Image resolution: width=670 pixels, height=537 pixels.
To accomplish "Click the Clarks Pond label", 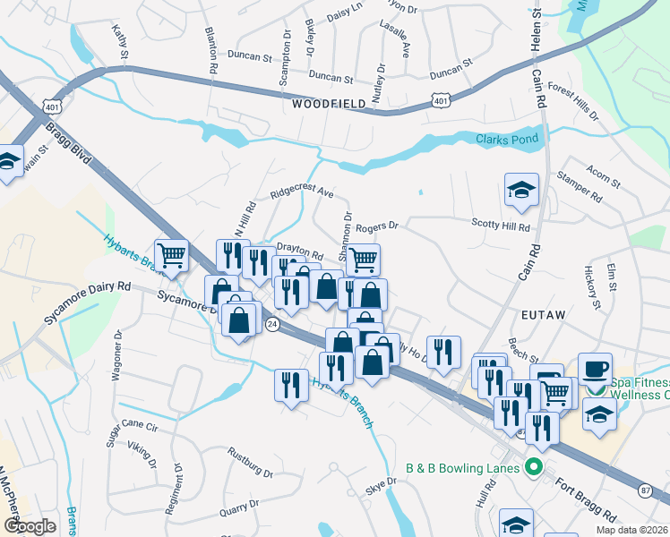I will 507,140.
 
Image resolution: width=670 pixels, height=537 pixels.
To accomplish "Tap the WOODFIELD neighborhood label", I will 329,104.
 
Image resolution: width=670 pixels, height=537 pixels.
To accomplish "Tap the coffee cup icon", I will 596,369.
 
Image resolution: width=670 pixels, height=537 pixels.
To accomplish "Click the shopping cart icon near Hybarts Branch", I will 171,254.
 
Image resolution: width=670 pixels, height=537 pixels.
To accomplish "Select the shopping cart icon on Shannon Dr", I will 363,260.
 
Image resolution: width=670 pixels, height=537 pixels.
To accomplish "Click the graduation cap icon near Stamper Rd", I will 521,189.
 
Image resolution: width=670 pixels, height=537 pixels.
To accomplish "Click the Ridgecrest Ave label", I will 302,193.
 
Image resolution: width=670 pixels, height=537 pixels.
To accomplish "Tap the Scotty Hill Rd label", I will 501,228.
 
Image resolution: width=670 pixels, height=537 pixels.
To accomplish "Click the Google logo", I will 30,526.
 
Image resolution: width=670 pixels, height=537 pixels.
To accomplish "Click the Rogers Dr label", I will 375,227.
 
